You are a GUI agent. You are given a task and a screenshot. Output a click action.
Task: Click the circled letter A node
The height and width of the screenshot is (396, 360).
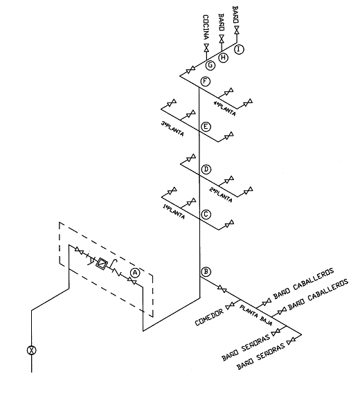(136, 273)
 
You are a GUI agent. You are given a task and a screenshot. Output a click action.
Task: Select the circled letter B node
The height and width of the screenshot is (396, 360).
(206, 272)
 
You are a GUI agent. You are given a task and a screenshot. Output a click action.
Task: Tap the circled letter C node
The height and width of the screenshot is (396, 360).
(206, 215)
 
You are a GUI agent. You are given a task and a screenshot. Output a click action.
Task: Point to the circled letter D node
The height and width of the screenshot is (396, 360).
(206, 169)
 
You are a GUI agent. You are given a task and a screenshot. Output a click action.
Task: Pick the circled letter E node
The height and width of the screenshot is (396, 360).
(206, 127)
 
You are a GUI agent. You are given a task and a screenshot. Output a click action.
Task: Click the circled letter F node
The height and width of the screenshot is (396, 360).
(205, 82)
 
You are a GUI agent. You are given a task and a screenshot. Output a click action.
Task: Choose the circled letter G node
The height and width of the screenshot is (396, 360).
(210, 65)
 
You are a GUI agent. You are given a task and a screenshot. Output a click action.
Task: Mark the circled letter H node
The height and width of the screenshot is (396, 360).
(224, 57)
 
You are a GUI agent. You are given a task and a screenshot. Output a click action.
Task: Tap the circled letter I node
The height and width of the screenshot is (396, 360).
(239, 49)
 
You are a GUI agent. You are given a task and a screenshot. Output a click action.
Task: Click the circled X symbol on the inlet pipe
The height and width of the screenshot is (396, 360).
(32, 350)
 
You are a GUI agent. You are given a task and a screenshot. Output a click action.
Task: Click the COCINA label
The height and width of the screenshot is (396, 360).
(206, 27)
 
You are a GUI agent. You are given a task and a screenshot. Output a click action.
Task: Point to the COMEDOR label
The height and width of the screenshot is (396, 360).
(210, 316)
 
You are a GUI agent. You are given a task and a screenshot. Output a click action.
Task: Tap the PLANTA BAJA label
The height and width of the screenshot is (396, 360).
(255, 316)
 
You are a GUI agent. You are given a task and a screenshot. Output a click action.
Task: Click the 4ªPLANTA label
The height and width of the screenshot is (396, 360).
(224, 109)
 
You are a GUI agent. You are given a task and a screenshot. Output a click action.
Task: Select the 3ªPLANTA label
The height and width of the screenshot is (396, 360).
(172, 129)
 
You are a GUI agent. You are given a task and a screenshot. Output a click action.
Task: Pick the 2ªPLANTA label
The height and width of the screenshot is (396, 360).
(221, 195)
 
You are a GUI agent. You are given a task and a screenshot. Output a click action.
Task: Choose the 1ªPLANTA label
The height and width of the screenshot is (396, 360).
(174, 212)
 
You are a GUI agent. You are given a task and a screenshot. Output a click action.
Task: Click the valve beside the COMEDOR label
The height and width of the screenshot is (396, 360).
(230, 306)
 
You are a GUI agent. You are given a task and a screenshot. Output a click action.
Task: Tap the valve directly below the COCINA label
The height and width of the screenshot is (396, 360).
(206, 47)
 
